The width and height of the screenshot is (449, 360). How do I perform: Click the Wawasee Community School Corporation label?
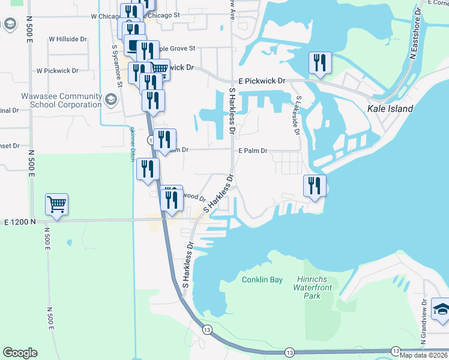coord(53,100)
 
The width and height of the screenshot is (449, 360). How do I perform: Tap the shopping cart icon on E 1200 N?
coord(56,205)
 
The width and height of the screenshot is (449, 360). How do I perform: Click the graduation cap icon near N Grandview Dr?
coord(441,310)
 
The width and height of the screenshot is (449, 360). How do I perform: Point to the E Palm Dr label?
coord(253,151)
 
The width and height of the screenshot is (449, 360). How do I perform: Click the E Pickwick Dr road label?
coord(262,80)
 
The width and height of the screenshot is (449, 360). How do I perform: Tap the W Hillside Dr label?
coord(68,39)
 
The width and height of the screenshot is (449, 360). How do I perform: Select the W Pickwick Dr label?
coord(58,70)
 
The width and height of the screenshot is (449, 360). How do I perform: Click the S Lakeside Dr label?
coord(297,114)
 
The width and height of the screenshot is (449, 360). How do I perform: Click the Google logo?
coord(20,353)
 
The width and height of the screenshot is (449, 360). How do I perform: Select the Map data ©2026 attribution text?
coord(423,355)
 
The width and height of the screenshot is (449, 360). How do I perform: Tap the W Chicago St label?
coord(105,16)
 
